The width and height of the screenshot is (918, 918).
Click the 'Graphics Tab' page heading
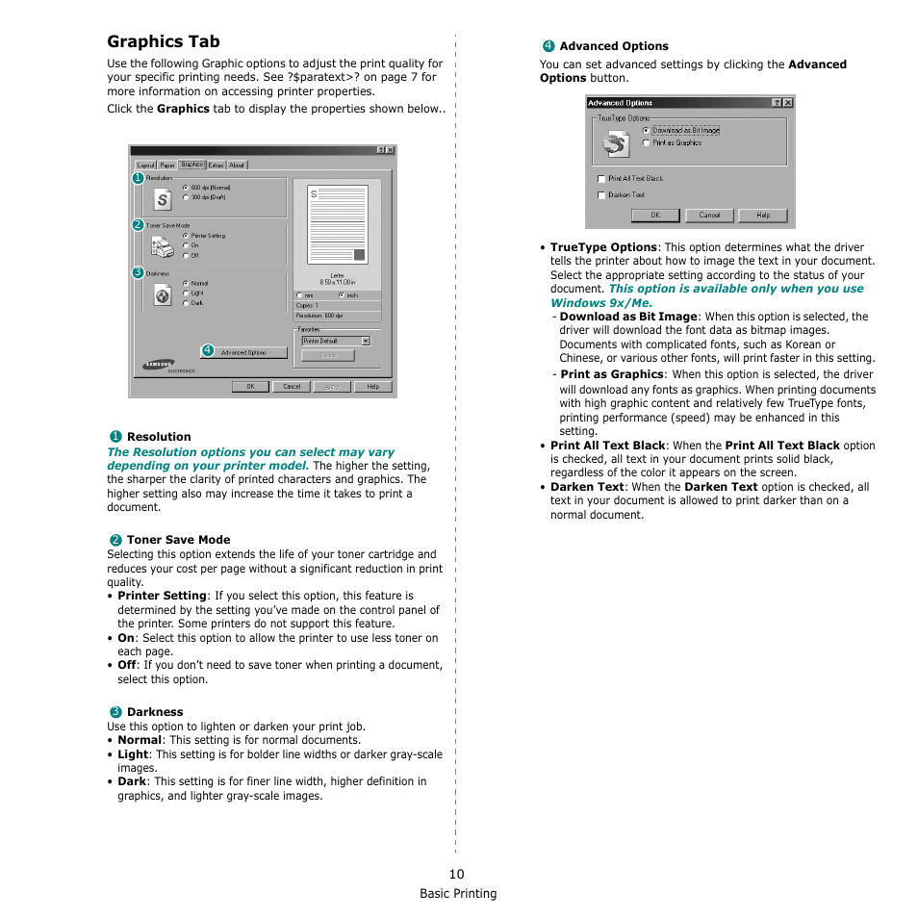coord(164,41)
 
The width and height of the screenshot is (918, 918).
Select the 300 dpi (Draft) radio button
coord(185,197)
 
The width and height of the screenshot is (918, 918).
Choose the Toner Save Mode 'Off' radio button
coord(185,255)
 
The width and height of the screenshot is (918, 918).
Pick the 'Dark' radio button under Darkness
coord(185,303)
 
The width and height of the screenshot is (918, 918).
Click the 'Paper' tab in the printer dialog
coord(167,166)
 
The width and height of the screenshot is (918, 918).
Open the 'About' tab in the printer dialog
coord(237,166)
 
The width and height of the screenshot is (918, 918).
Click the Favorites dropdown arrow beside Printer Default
coord(366,341)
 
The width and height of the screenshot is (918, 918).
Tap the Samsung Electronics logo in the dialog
coord(160,365)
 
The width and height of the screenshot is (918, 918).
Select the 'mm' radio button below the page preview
coord(299,295)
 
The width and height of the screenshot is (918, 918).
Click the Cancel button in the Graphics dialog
coord(292,387)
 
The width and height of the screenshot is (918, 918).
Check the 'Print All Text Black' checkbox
coord(600,179)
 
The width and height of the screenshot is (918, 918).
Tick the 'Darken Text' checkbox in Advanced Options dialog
coord(600,195)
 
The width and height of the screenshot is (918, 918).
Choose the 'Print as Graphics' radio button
coord(646,142)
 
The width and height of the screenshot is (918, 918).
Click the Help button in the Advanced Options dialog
coord(762,216)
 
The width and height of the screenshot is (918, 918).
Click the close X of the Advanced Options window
coord(788,103)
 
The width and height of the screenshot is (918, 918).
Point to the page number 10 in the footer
coord(456,874)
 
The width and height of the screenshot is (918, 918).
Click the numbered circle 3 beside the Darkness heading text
coord(115,712)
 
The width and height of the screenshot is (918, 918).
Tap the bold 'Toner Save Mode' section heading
coord(178,540)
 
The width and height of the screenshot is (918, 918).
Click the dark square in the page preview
coord(359,255)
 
